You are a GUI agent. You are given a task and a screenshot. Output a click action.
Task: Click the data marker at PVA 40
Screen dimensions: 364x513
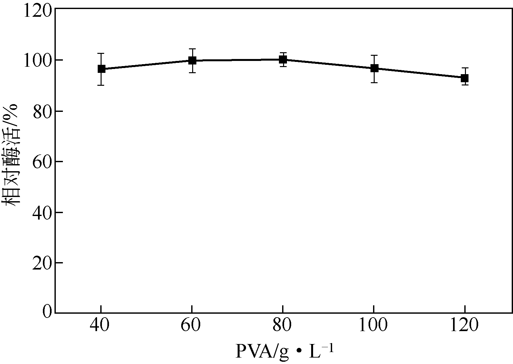point(101,69)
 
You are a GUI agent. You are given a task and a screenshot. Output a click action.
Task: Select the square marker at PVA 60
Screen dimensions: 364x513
point(192,60)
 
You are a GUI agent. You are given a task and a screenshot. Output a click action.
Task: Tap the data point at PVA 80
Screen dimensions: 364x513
point(283,59)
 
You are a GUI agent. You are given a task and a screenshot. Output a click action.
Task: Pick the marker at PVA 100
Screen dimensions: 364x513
point(374,68)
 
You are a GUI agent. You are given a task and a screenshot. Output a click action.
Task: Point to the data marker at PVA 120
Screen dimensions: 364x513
point(465,78)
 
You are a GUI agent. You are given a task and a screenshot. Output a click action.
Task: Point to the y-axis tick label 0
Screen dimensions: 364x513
point(47,312)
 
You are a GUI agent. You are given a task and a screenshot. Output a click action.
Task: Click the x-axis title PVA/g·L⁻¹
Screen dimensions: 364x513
point(284,352)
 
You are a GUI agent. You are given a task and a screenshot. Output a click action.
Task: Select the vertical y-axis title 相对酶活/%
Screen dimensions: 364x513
point(12,155)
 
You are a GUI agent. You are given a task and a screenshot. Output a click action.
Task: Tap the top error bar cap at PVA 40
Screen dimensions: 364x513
point(101,53)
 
